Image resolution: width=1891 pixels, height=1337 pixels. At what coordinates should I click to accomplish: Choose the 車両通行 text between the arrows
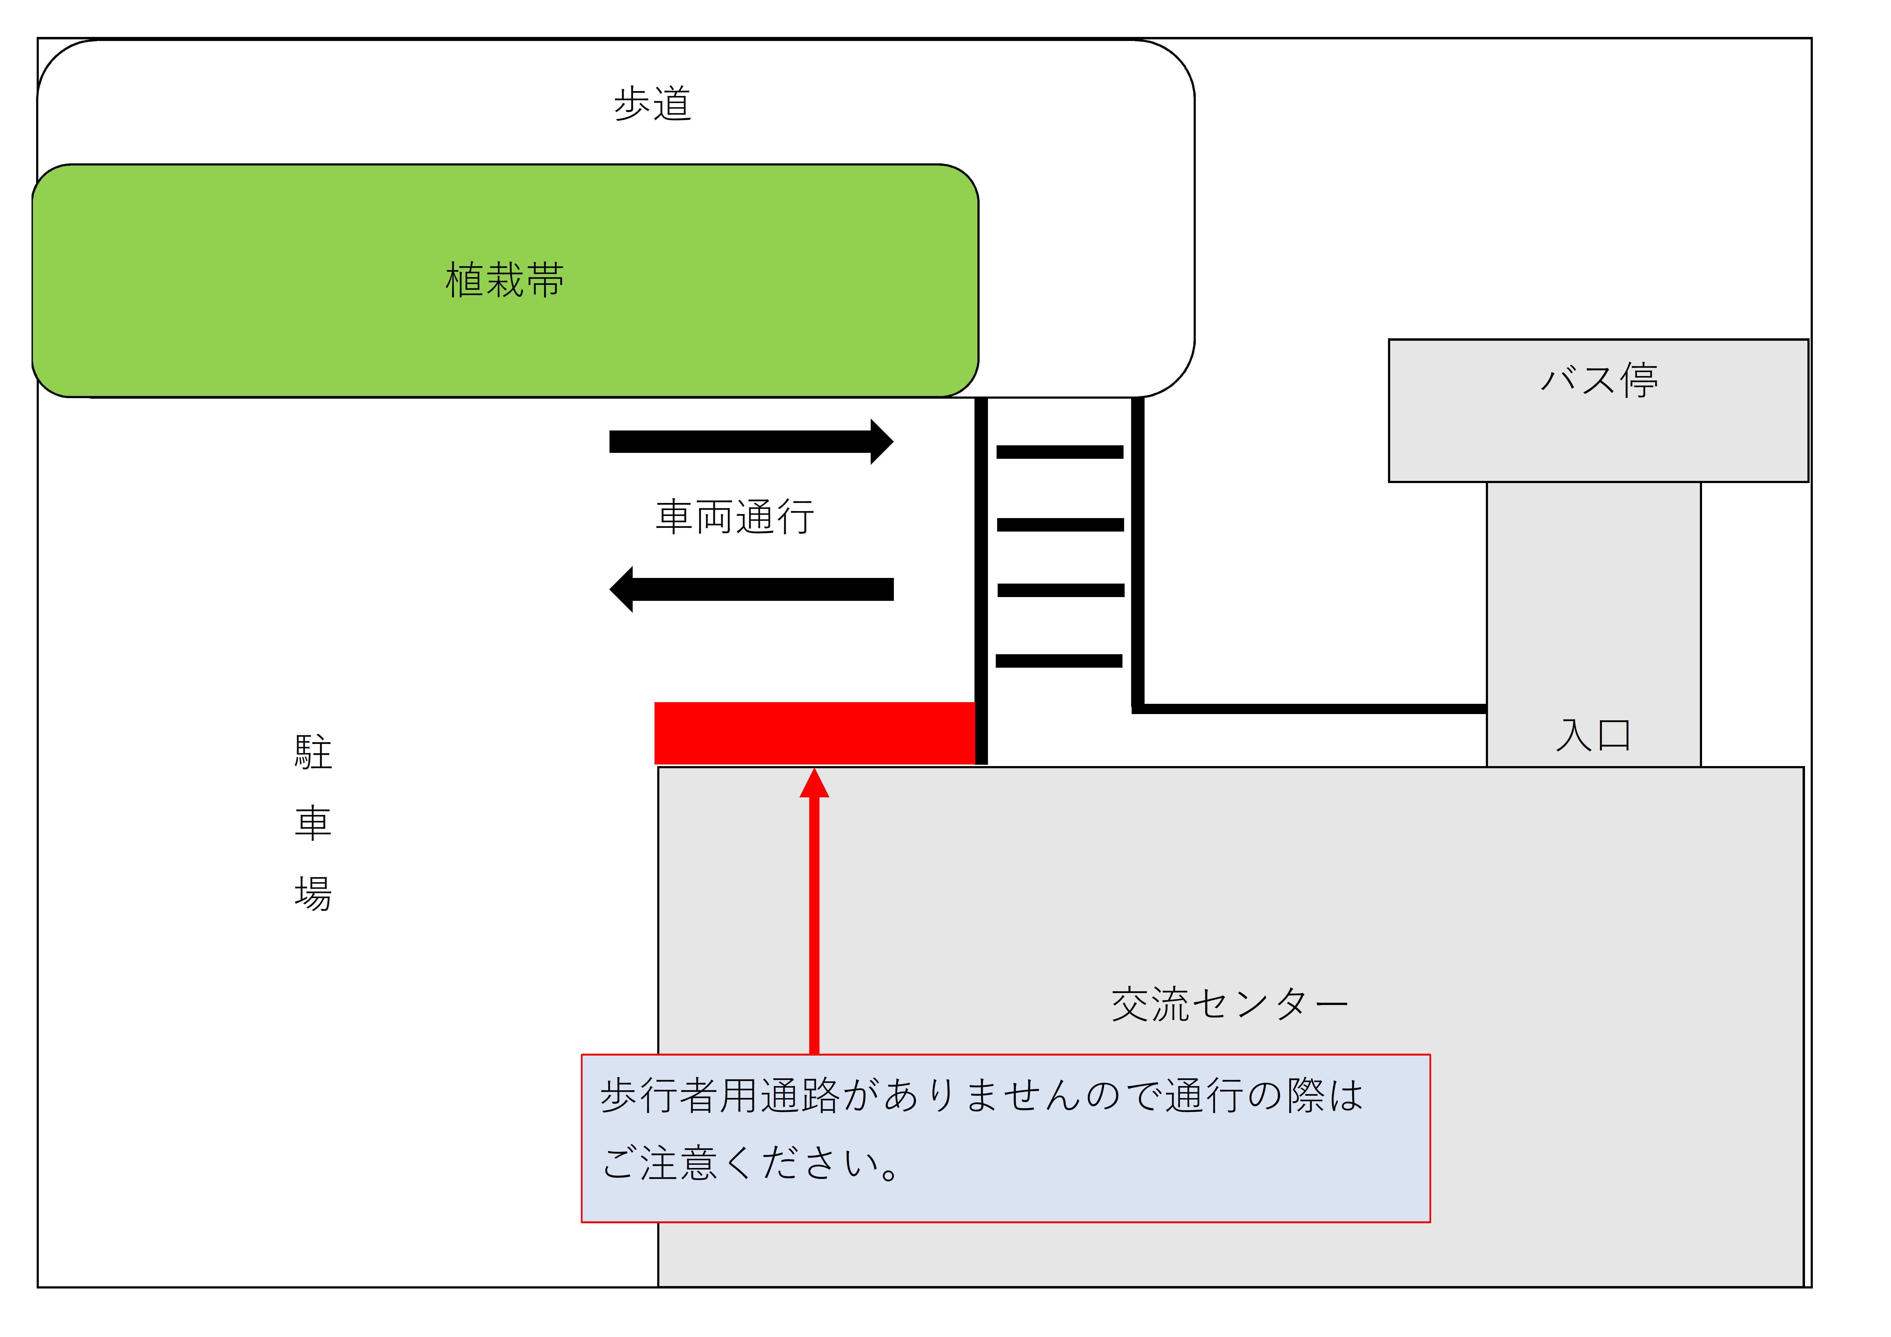point(735,517)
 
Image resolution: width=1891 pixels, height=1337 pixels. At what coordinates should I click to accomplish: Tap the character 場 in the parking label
point(313,893)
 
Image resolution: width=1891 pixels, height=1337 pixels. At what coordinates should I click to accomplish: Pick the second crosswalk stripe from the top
point(1060,525)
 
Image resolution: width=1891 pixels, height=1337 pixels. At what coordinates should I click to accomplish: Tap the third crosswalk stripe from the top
point(1060,590)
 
